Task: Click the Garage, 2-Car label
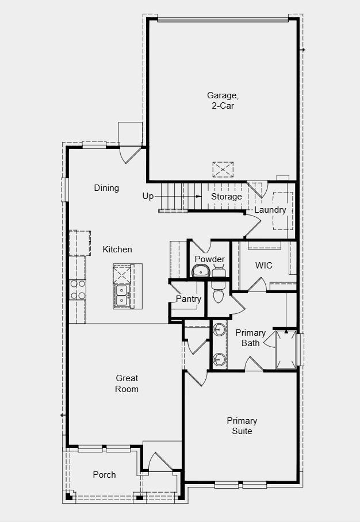pyautogui.click(x=223, y=101)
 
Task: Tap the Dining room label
pyautogui.click(x=106, y=188)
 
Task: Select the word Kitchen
pyautogui.click(x=117, y=250)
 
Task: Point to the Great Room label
pyautogui.click(x=127, y=383)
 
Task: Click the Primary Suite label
pyautogui.click(x=242, y=426)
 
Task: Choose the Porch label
pyautogui.click(x=104, y=475)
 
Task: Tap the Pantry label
pyautogui.click(x=189, y=299)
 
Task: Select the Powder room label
pyautogui.click(x=209, y=259)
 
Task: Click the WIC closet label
pyautogui.click(x=264, y=266)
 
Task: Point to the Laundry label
pyautogui.click(x=270, y=210)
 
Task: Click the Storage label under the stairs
pyautogui.click(x=226, y=197)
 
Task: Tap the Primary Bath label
pyautogui.click(x=250, y=338)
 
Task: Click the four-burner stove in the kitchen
pyautogui.click(x=78, y=290)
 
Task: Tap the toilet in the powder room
pyautogui.click(x=217, y=293)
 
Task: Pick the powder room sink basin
pyautogui.click(x=201, y=271)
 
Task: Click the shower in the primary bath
pyautogui.click(x=286, y=349)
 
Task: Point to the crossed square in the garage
pyautogui.click(x=223, y=170)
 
